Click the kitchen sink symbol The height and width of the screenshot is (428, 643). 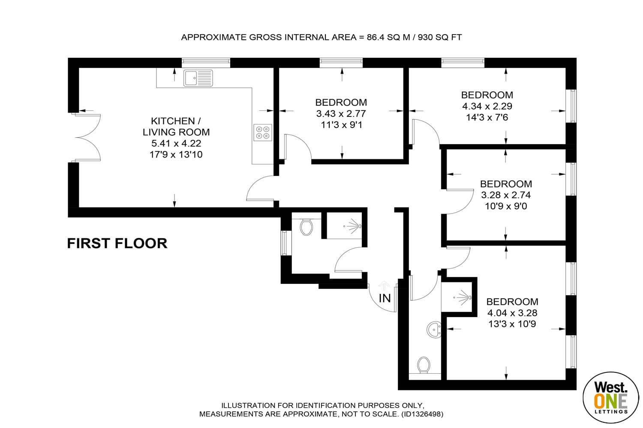(x=198, y=78)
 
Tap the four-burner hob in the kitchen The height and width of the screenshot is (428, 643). (x=263, y=132)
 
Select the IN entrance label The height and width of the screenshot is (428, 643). (x=385, y=298)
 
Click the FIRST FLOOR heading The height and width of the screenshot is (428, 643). (x=117, y=244)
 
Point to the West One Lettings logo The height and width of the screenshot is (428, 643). (x=611, y=397)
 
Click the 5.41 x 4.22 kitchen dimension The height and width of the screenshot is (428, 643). (x=176, y=143)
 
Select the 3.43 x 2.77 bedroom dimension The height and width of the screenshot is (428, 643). (x=341, y=114)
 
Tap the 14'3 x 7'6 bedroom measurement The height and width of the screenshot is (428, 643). (x=487, y=118)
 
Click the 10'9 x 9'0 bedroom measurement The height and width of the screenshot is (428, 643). (x=506, y=206)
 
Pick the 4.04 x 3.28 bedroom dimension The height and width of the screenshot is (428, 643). (x=512, y=313)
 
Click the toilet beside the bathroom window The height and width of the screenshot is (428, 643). (x=306, y=227)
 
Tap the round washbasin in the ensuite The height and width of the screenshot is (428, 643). (x=434, y=330)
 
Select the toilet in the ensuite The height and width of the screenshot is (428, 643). (x=424, y=365)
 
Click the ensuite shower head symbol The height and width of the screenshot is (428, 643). (x=463, y=297)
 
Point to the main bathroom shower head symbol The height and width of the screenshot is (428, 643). (x=353, y=226)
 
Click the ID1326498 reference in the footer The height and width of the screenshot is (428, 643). (x=422, y=414)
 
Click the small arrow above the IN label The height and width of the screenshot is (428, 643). (x=384, y=286)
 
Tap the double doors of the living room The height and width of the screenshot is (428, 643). (x=87, y=137)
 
